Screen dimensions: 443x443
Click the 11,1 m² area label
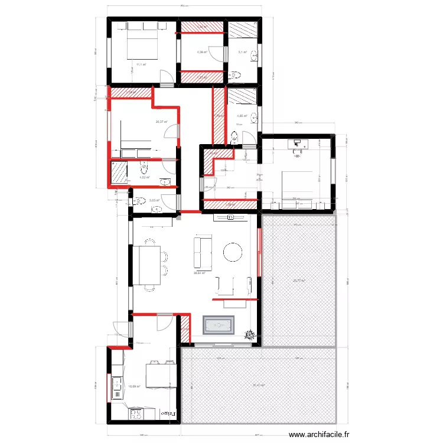pos(141,64)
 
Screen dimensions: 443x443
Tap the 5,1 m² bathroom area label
pos(242,53)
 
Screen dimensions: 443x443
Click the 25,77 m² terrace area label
pos(298,281)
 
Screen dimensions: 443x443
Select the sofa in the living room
pos(203,252)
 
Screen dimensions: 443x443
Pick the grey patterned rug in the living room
pos(219,325)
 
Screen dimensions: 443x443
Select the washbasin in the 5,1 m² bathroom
pos(253,56)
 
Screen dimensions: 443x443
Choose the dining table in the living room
pos(145,266)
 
